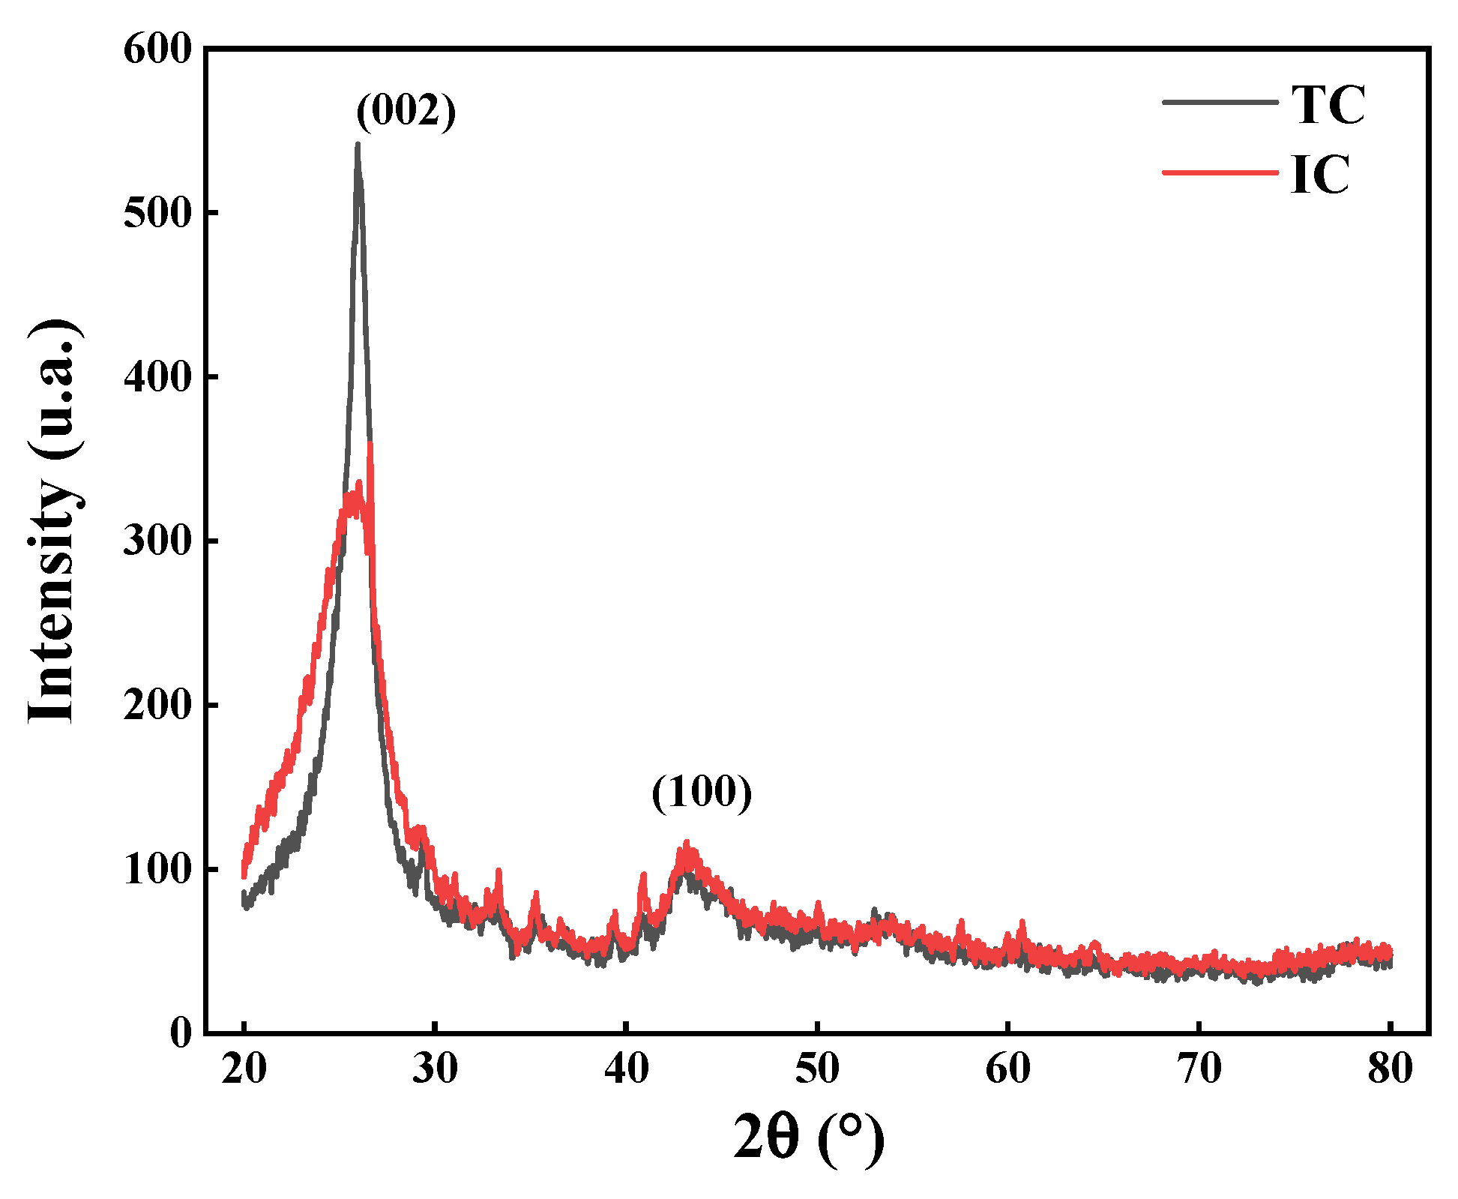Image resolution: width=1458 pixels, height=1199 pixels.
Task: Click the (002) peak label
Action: coord(406,111)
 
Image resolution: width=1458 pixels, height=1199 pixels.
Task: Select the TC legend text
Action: coord(1328,104)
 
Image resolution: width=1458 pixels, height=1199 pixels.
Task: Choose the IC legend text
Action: coord(1320,174)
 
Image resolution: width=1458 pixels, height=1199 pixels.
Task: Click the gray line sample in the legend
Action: coord(1220,102)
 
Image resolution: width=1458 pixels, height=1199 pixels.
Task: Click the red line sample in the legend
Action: coord(1220,172)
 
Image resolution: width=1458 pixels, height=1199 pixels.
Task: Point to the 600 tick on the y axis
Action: coord(158,50)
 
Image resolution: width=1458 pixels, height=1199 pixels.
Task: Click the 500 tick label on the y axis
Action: coord(158,214)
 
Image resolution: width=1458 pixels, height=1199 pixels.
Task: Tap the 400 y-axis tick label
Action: coord(158,378)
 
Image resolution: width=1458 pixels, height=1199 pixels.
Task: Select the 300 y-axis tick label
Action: coord(158,541)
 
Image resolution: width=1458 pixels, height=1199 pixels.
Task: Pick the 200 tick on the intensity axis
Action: coord(158,706)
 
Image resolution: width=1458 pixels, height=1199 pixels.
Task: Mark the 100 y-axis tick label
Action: coord(158,870)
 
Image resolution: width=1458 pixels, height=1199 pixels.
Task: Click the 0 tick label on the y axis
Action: coord(181,1034)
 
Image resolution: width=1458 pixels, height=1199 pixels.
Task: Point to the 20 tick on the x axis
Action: coord(244,1069)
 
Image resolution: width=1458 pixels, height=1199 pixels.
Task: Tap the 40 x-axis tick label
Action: coord(627,1069)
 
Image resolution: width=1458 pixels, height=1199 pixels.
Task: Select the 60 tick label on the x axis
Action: coord(1008,1069)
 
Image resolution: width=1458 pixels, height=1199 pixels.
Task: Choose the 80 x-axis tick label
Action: coord(1391,1069)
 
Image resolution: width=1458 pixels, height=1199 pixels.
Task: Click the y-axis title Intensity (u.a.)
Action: coord(53,521)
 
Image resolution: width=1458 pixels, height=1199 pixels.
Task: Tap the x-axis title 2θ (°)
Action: coord(808,1138)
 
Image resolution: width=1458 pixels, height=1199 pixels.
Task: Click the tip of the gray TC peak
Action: coord(358,144)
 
